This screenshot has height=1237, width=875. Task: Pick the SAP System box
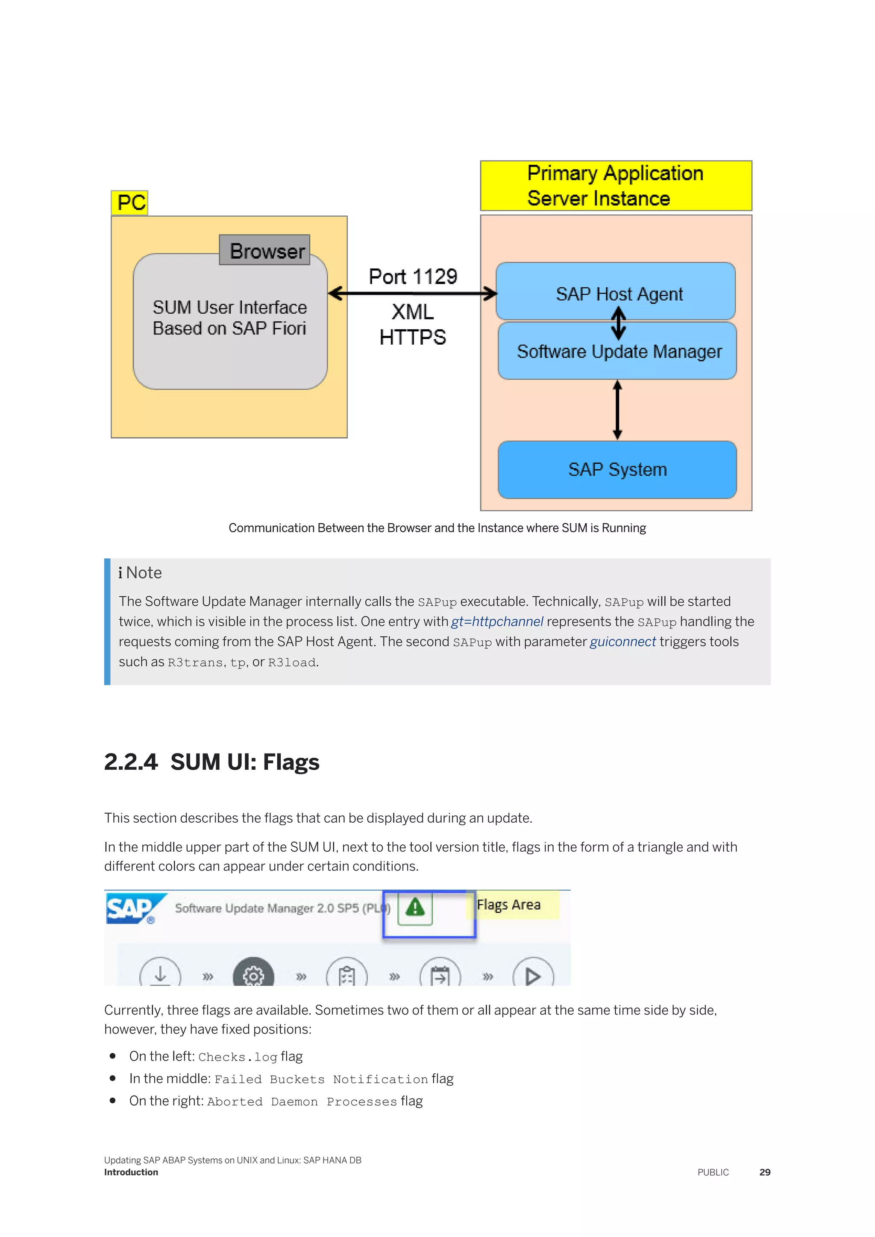(x=617, y=469)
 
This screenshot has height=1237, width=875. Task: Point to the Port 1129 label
(x=413, y=276)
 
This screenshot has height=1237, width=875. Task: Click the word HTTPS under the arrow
(x=413, y=337)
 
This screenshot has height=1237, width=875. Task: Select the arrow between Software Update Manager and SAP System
(x=617, y=410)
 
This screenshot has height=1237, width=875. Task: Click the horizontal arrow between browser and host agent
(x=412, y=293)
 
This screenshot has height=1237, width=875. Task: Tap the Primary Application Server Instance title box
(x=616, y=186)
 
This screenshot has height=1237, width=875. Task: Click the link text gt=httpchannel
(x=497, y=622)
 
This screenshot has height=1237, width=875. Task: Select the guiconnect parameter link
(x=622, y=642)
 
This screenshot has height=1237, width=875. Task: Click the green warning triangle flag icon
(x=415, y=907)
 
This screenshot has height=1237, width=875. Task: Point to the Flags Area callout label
(x=508, y=905)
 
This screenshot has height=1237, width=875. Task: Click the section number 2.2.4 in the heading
(x=131, y=762)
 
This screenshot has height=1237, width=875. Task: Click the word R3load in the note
(x=291, y=662)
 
